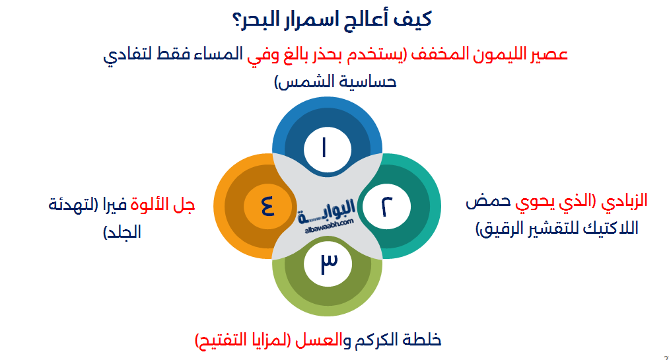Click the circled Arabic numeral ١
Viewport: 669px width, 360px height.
point(326,149)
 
